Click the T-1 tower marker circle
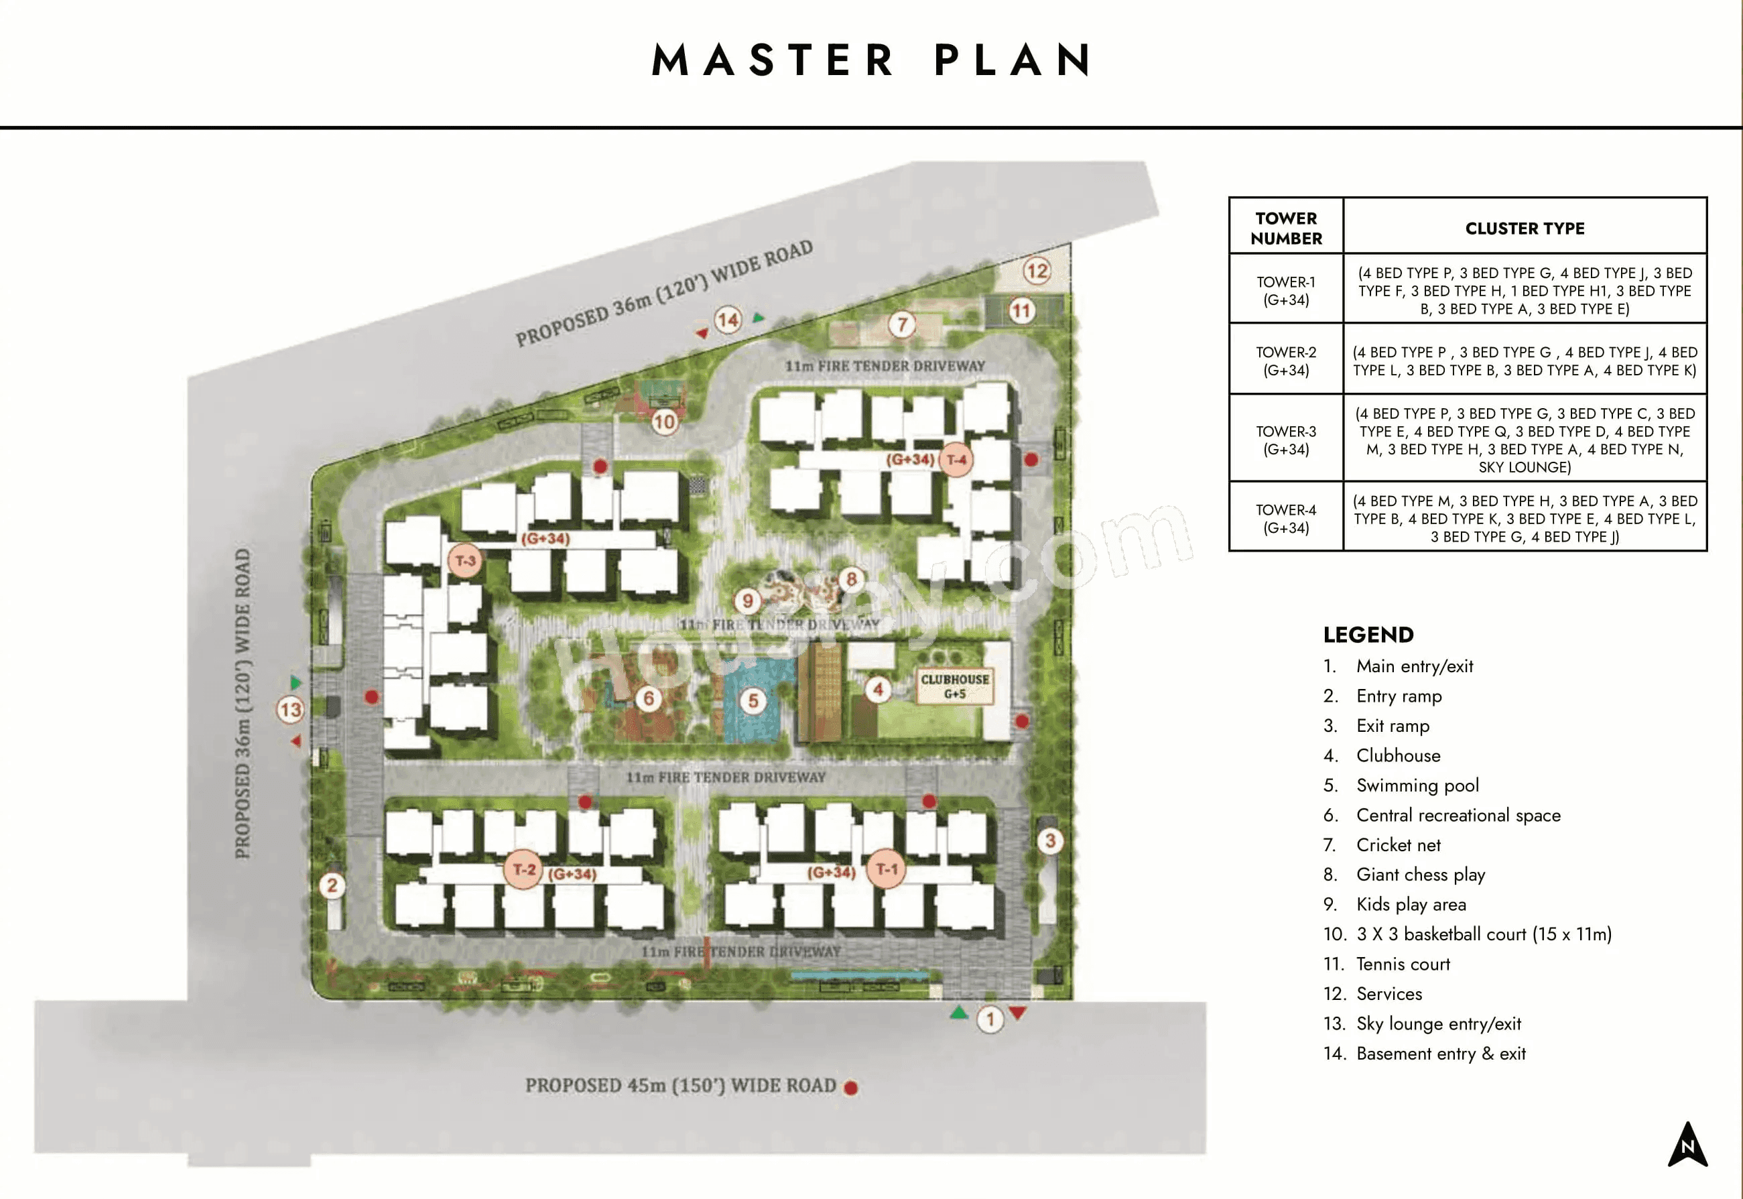tap(887, 869)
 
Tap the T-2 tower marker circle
tap(523, 870)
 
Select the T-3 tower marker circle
tap(465, 560)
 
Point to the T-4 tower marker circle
tap(957, 460)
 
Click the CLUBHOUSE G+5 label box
tap(954, 685)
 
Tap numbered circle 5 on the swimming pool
tap(753, 701)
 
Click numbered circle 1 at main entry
tap(990, 1019)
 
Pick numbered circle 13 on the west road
tap(290, 709)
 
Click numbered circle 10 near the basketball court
tap(665, 422)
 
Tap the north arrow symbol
tap(1687, 1144)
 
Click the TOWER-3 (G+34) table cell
tap(1286, 440)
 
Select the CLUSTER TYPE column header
tap(1525, 229)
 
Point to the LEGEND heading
tap(1368, 635)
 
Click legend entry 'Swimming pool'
tap(1417, 785)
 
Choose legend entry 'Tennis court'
tap(1403, 964)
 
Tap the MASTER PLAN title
tap(871, 60)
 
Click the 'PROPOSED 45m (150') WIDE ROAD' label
tap(680, 1086)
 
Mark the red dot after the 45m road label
tap(851, 1088)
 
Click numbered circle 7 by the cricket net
tap(902, 324)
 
